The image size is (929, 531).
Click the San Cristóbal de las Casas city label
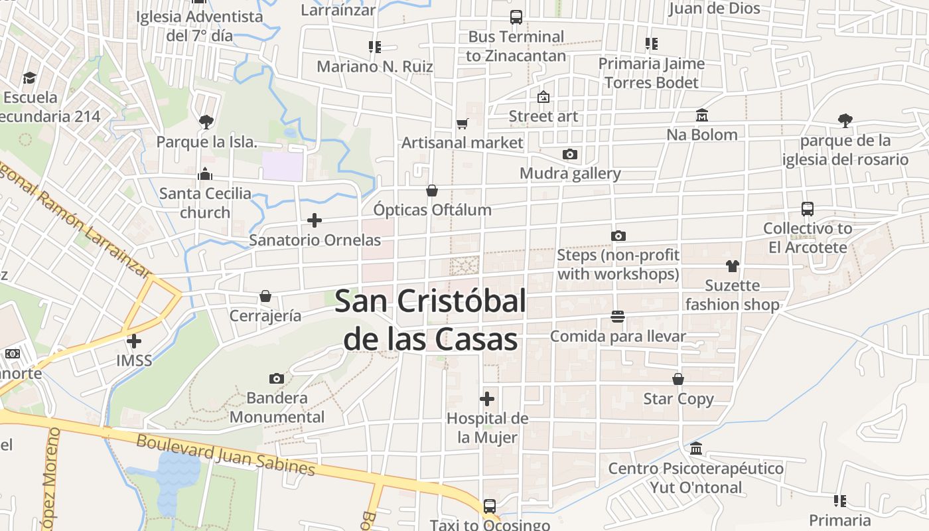(x=430, y=320)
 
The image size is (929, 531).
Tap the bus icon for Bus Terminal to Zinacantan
(x=516, y=17)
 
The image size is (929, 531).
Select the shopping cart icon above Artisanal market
(x=462, y=123)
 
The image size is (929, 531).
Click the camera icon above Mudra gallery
(x=569, y=155)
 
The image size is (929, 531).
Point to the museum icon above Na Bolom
(x=702, y=115)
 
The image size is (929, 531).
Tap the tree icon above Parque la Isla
(x=206, y=122)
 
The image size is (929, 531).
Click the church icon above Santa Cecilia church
(x=205, y=175)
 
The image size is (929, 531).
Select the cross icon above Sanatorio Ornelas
(x=315, y=220)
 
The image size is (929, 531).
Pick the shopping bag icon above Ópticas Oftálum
(x=432, y=191)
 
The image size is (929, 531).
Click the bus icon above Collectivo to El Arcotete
(x=808, y=209)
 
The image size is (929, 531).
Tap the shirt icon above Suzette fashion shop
(x=732, y=266)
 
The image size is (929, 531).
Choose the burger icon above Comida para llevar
(x=618, y=317)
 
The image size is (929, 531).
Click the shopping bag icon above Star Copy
(x=678, y=380)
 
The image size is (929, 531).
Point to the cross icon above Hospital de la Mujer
(x=487, y=399)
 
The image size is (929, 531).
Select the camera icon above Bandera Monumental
(x=277, y=379)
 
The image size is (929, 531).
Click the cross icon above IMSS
(x=134, y=341)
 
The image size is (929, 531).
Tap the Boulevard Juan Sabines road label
(x=226, y=455)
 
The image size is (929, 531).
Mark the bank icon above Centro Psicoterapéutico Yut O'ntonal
(x=695, y=449)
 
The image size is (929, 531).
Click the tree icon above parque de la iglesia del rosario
(x=845, y=121)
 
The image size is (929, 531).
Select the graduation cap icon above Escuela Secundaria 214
(x=29, y=78)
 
